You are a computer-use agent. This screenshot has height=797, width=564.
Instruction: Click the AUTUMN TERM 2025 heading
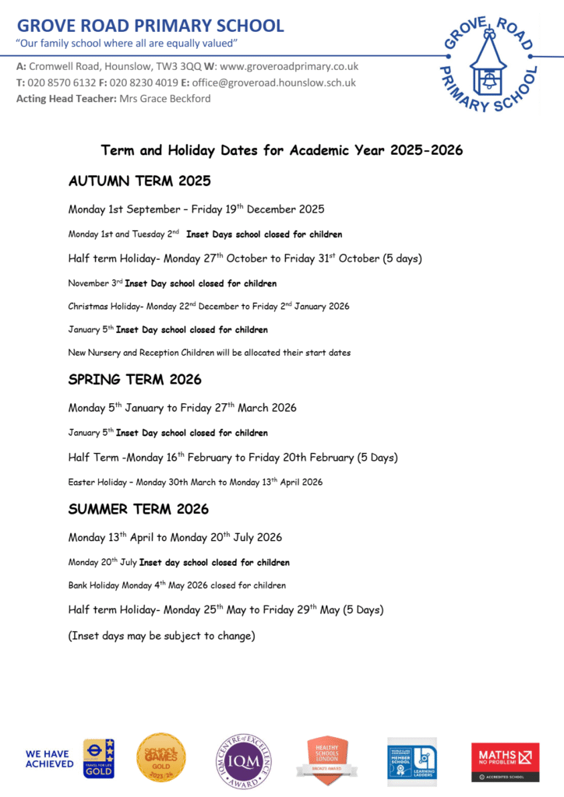[x=139, y=181]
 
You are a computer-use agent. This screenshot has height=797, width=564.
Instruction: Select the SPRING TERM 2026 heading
[x=135, y=380]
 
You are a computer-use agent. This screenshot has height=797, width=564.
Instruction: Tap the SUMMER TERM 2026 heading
[x=139, y=510]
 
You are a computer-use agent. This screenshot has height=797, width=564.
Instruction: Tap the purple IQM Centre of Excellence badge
[x=244, y=760]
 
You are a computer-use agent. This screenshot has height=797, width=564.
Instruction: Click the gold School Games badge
[x=161, y=757]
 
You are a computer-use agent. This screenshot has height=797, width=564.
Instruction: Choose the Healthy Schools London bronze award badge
[x=327, y=759]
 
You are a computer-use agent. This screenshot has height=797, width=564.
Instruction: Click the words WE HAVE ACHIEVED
[x=49, y=759]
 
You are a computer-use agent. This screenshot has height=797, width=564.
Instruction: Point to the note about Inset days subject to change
[x=162, y=636]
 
